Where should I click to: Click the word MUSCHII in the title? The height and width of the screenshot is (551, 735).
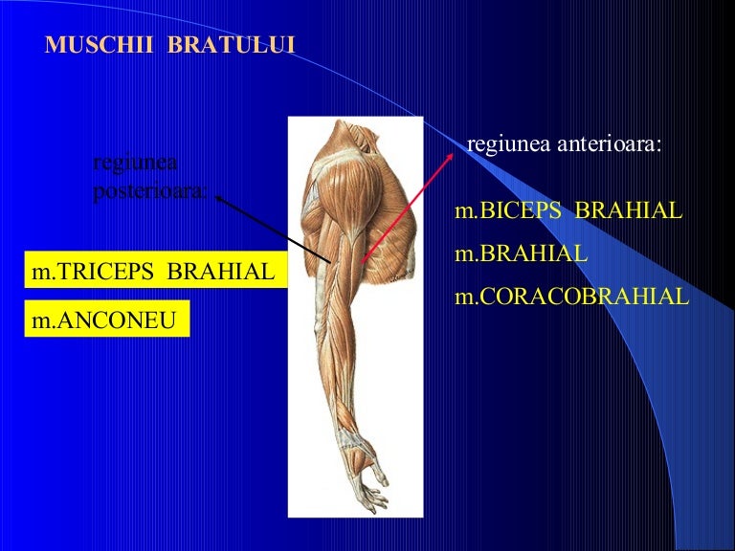tap(88, 45)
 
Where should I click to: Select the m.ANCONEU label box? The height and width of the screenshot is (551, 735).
tap(104, 320)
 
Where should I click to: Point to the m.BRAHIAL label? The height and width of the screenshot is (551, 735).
tap(521, 254)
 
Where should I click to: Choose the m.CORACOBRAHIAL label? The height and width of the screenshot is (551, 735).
tap(571, 297)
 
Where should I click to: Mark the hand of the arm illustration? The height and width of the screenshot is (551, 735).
tap(367, 483)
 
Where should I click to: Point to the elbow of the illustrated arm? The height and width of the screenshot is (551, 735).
tap(321, 316)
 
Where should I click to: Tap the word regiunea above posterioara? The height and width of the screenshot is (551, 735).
tap(136, 163)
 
